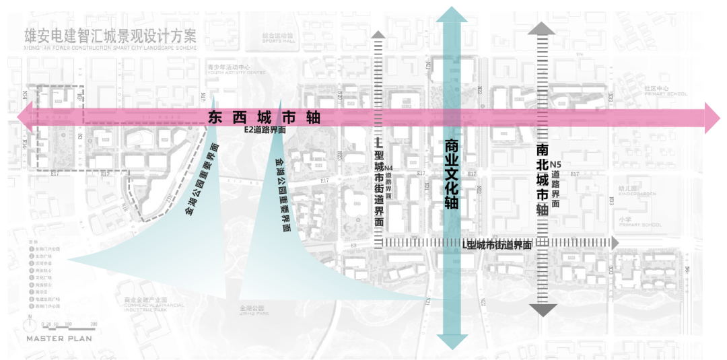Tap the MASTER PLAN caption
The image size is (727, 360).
(x=59, y=338)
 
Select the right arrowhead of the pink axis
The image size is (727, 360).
(x=712, y=118)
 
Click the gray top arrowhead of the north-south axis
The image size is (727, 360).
(x=542, y=28)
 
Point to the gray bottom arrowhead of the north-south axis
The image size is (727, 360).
(x=543, y=310)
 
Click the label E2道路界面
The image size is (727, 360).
(x=265, y=131)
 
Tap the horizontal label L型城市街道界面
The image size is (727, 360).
(x=499, y=246)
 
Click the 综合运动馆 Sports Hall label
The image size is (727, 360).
(x=279, y=38)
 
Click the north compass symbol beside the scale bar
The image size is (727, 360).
(x=30, y=324)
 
